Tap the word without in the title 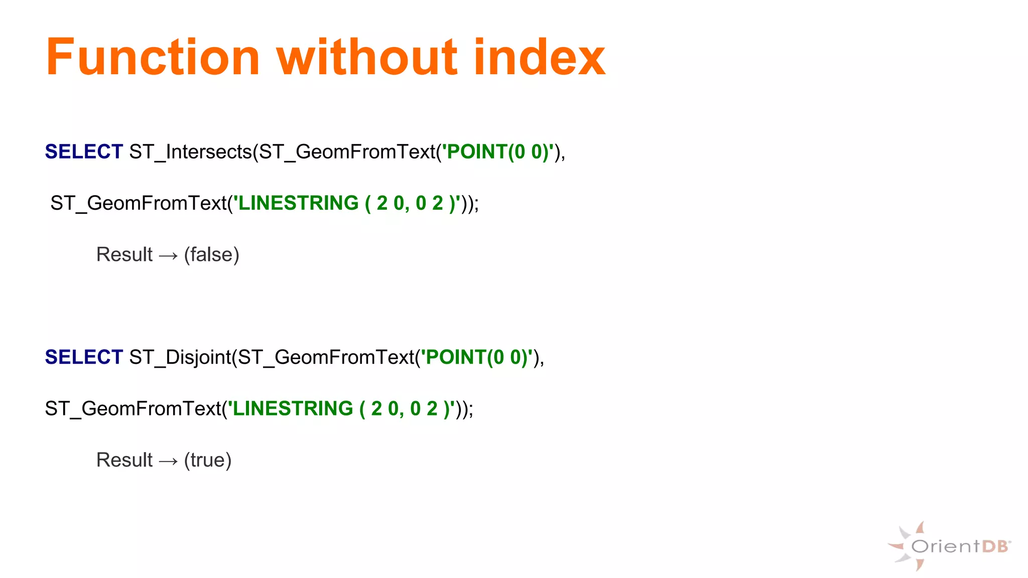coord(367,58)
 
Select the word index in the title coord(539,58)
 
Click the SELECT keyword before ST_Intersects coord(84,152)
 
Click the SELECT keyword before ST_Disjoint coord(84,357)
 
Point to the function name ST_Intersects coord(190,152)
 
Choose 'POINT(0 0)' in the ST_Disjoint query coord(477,357)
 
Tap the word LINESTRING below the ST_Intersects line coord(299,203)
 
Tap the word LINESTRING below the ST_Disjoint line coord(293,409)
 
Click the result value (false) coord(211,255)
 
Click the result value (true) coord(208,460)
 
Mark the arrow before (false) coord(168,256)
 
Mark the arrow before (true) coord(168,461)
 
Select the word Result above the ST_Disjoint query coord(124,255)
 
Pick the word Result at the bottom coord(124,460)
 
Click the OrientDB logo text coord(960,546)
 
